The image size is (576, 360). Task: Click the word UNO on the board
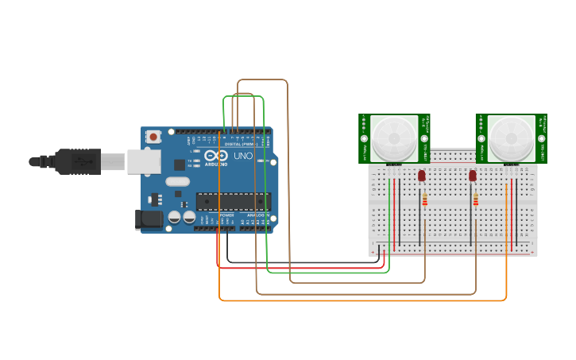click(242, 157)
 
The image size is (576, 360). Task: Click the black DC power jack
click(148, 219)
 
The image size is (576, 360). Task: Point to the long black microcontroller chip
click(232, 202)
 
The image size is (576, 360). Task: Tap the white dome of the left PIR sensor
click(393, 137)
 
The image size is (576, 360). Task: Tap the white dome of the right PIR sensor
click(510, 137)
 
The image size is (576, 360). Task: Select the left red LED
click(421, 176)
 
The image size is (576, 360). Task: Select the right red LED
click(473, 176)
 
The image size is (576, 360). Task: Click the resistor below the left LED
click(424, 199)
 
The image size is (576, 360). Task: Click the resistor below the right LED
click(475, 199)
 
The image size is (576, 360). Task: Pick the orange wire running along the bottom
click(358, 300)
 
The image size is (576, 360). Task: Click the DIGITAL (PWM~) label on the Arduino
click(240, 143)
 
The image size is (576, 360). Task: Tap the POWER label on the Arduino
click(226, 215)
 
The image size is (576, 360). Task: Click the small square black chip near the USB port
click(180, 165)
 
